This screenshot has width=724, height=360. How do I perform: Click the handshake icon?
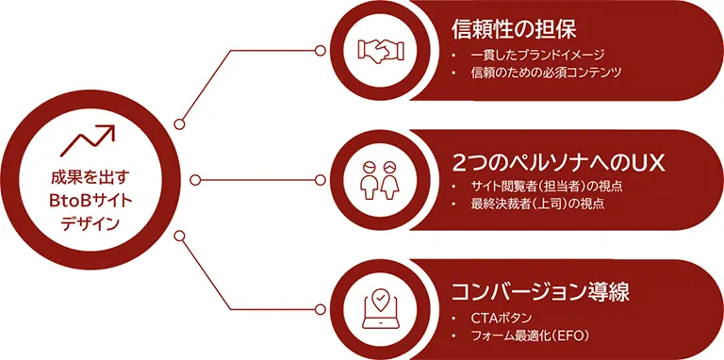pos(382,49)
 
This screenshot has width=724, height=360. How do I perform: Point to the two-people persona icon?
pos(382,179)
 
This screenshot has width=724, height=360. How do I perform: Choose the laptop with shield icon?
pos(382,309)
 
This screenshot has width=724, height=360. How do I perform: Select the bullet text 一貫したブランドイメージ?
pos(537,55)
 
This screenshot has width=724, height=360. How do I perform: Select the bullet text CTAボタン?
pos(502,317)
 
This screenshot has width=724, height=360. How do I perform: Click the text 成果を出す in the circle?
pos(84,176)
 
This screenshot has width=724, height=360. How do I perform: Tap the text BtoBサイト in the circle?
pos(84,199)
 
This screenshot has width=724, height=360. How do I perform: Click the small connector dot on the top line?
pos(179,123)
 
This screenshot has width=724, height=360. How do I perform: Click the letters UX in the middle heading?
pos(649,161)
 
